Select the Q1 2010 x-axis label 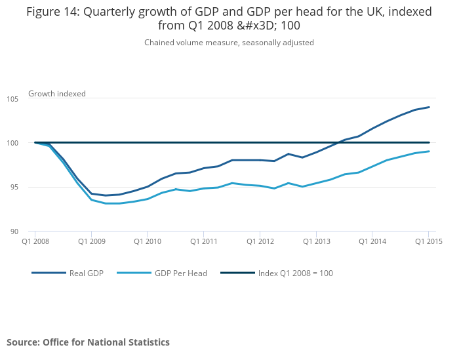pos(147,241)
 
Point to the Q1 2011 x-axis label pos(203,241)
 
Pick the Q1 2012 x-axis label pos(260,241)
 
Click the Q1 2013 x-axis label pos(316,241)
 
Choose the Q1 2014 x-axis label pos(372,241)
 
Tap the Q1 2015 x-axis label pos(428,241)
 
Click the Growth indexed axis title pos(57,94)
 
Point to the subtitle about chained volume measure pos(229,43)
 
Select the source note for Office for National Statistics pos(88,342)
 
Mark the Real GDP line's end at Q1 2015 pos(429,107)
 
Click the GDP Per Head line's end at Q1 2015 pos(429,151)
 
